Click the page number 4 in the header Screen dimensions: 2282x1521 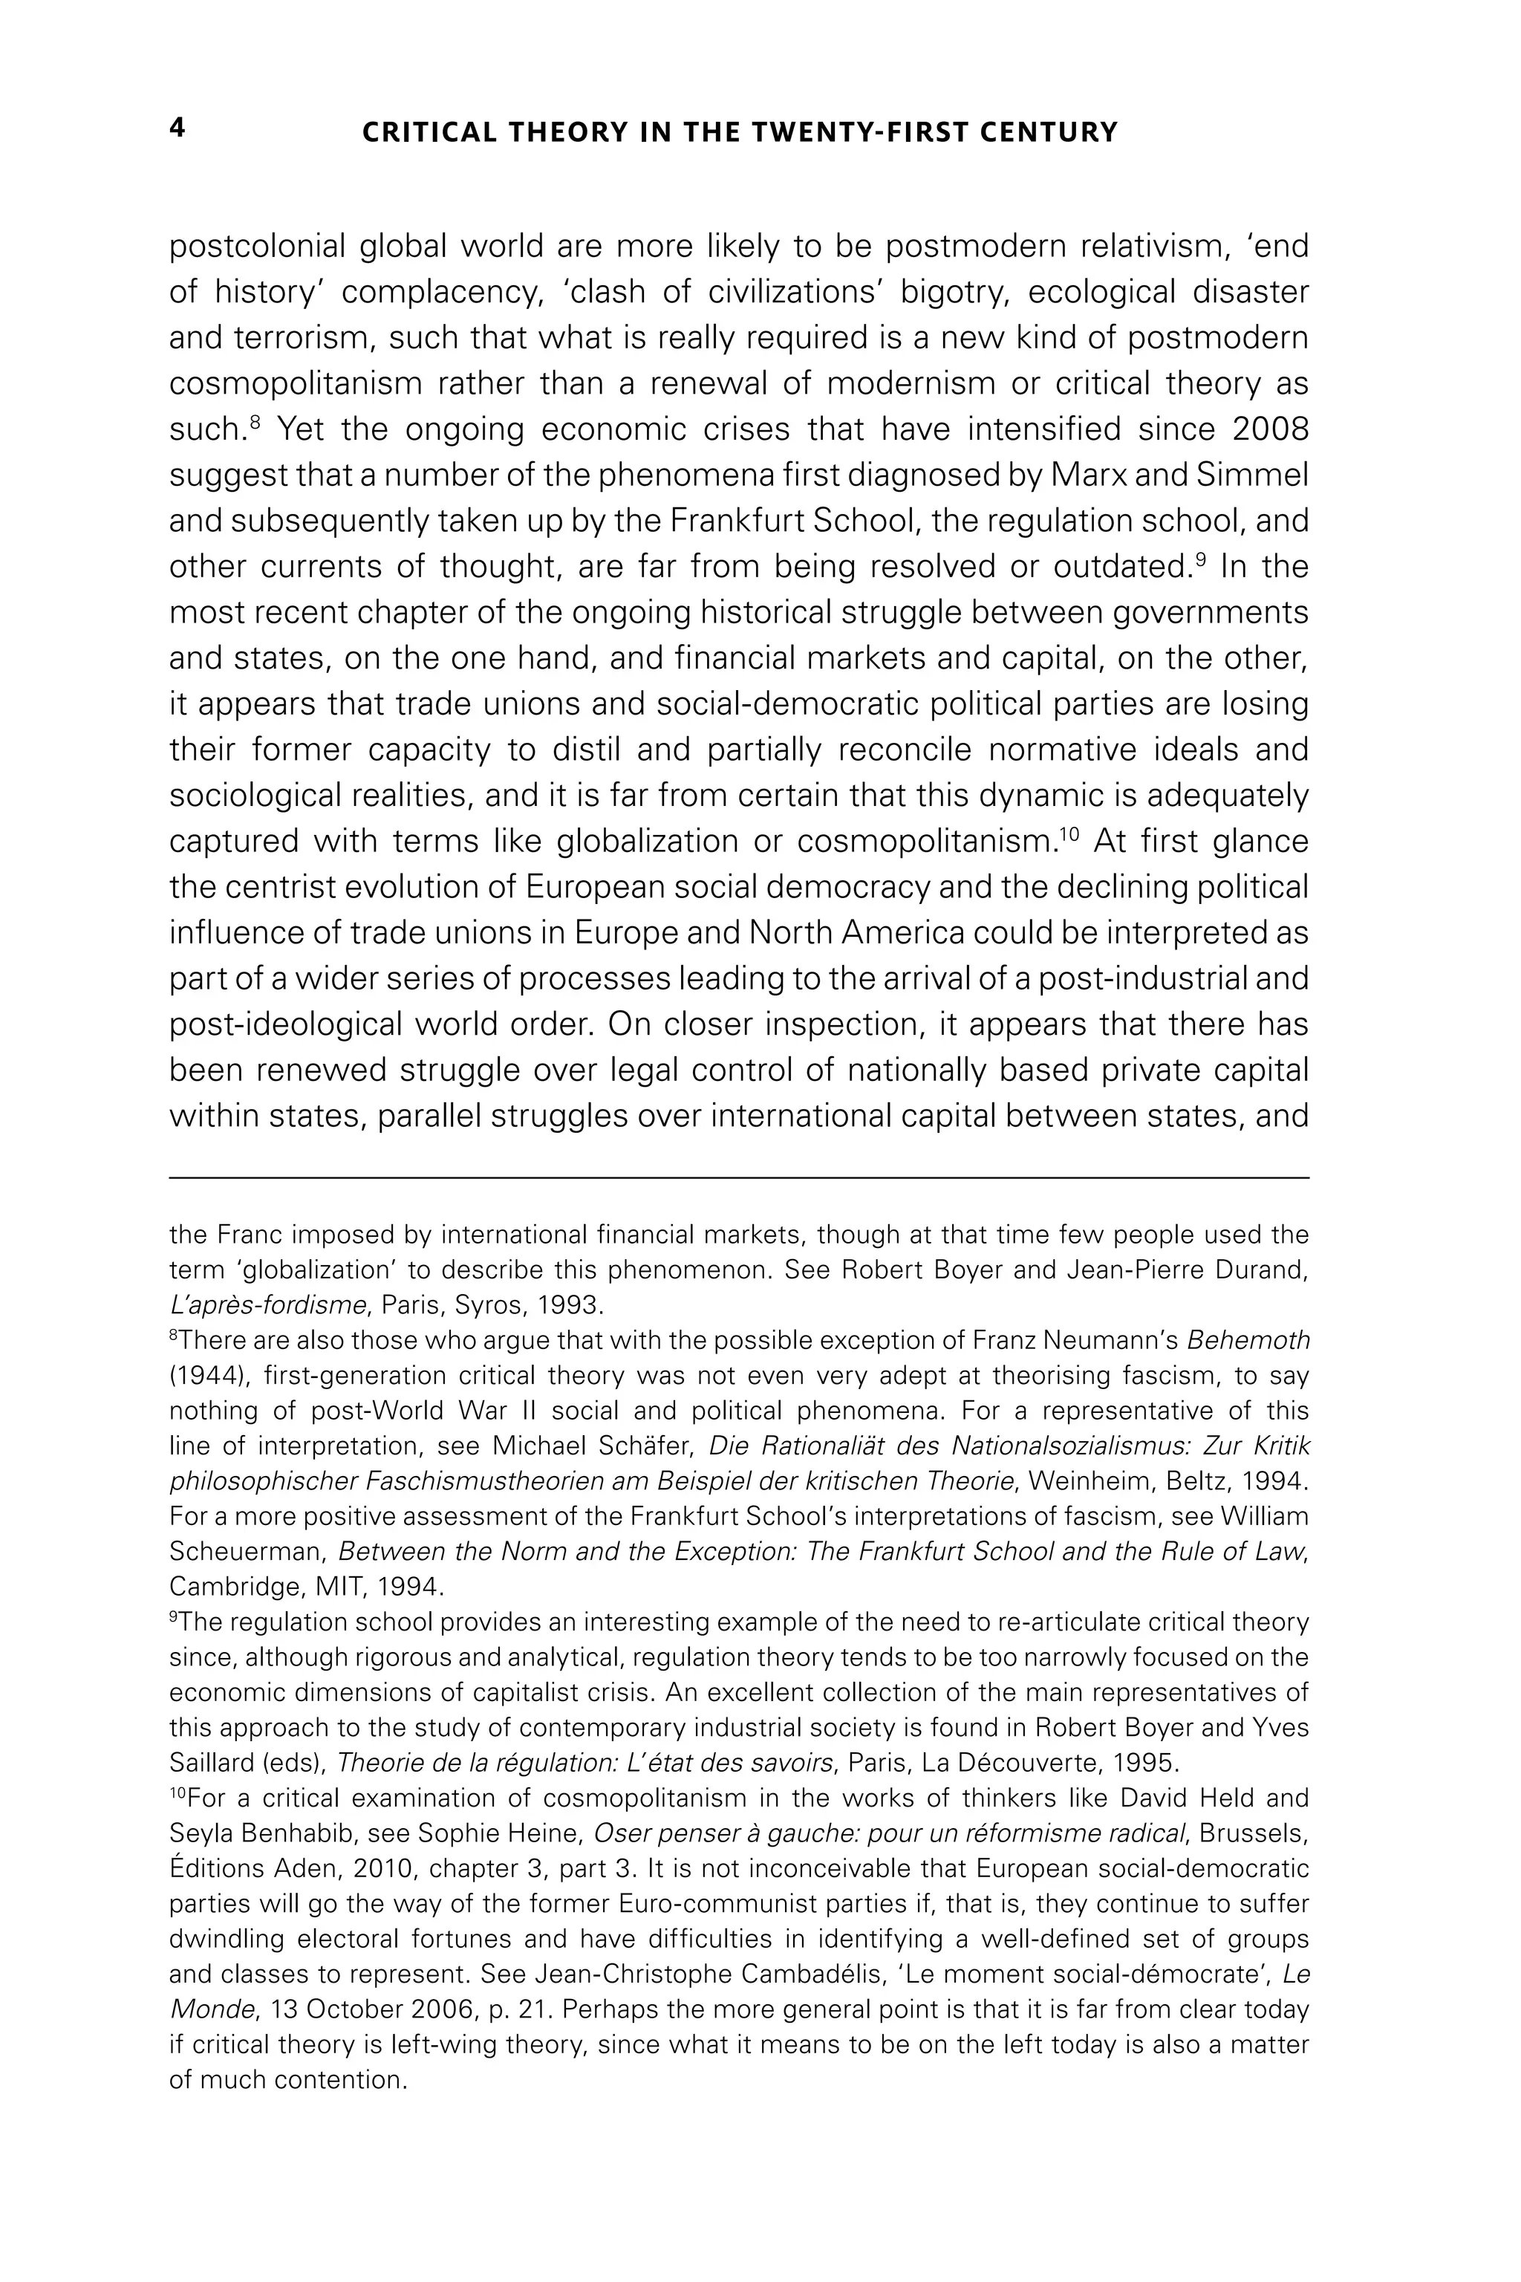[x=177, y=129]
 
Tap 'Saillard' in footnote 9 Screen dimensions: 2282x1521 [x=208, y=1762]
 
